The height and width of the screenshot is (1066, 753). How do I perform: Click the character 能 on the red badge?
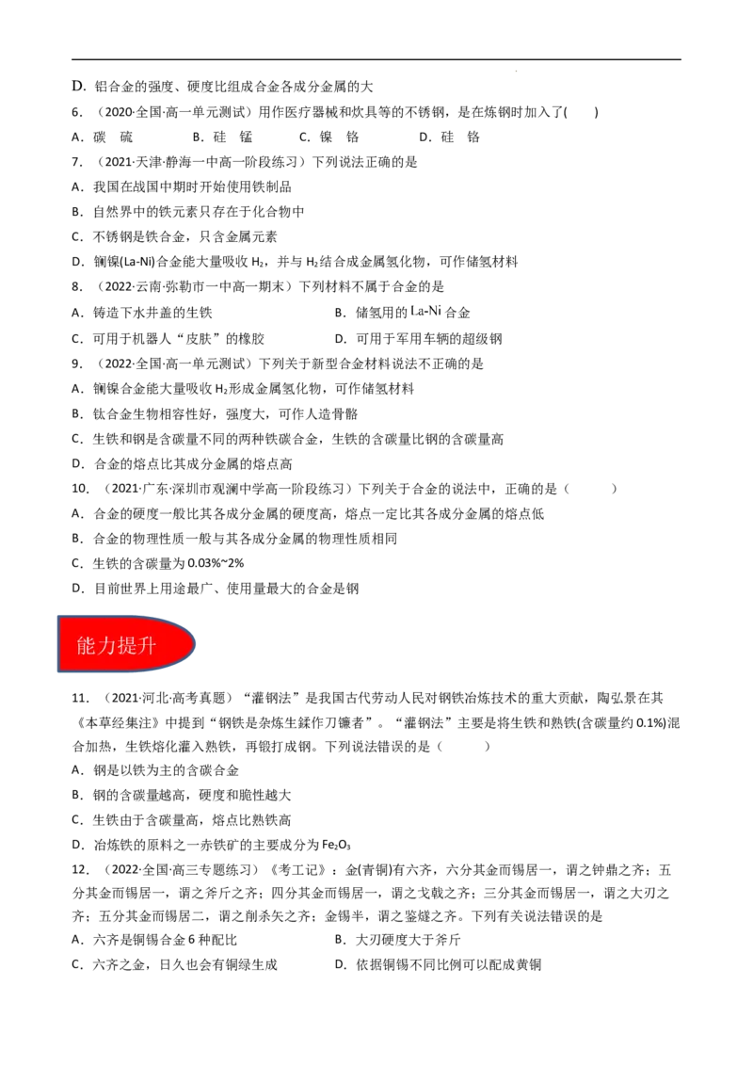coord(87,646)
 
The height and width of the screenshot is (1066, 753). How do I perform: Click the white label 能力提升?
coord(116,646)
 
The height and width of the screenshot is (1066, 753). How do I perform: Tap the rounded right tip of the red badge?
coord(191,644)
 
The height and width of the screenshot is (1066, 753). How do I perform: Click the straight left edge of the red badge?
coord(61,644)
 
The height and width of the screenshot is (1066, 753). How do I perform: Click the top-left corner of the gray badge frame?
coord(56,613)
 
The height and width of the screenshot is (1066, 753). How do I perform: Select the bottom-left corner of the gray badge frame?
coord(56,674)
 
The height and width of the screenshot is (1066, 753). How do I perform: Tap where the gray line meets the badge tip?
coord(200,651)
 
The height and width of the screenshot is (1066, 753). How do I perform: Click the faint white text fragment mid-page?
coord(425,310)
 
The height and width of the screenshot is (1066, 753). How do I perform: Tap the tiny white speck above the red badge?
coord(274,593)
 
